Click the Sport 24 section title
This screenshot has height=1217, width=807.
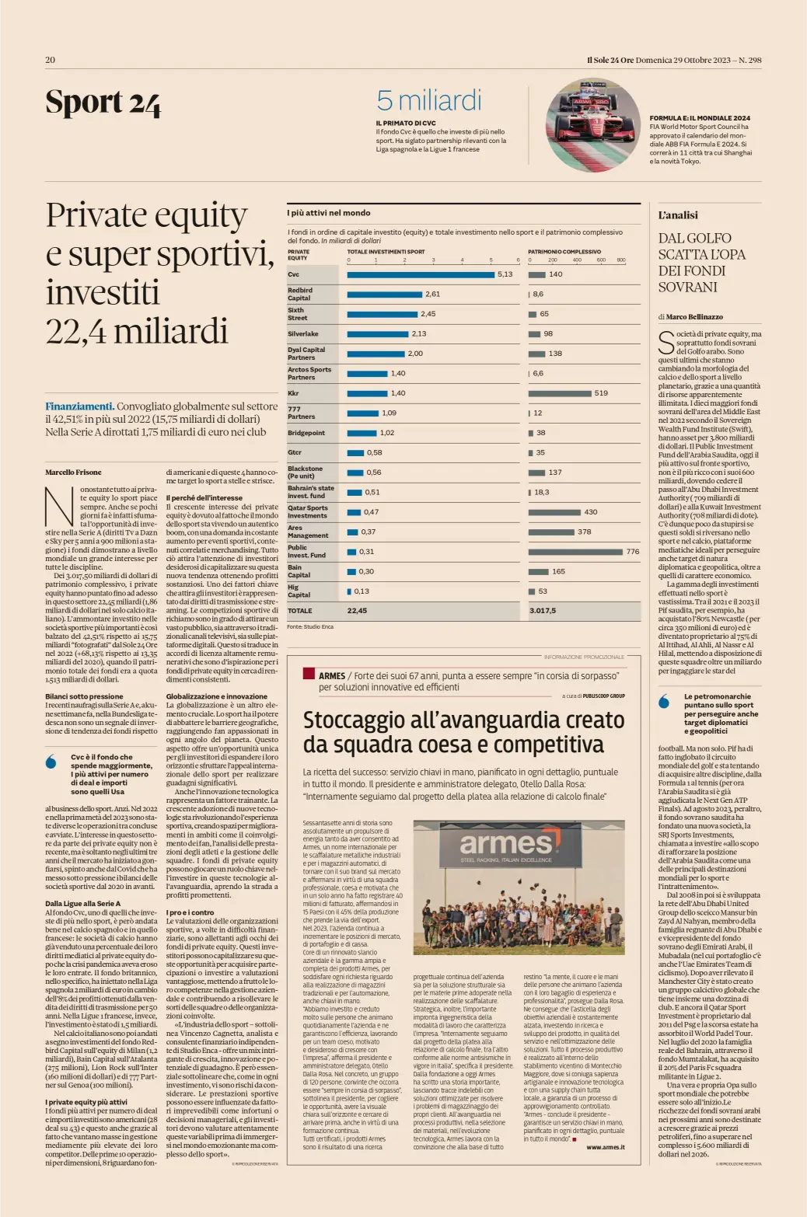(103, 103)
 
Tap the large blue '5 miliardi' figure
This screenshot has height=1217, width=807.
(428, 101)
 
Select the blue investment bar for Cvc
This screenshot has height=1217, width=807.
(420, 274)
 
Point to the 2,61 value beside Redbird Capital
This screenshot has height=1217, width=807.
(432, 295)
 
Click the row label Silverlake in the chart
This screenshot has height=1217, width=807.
(303, 333)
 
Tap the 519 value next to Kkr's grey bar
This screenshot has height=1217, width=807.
(601, 393)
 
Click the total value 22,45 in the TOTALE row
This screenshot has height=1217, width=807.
(357, 611)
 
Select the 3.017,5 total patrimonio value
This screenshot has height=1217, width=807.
(543, 611)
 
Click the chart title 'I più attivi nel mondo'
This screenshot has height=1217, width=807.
(329, 213)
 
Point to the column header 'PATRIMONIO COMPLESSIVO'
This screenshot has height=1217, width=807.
(564, 252)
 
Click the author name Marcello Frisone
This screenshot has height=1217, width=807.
(73, 473)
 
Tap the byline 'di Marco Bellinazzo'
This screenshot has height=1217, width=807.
(690, 317)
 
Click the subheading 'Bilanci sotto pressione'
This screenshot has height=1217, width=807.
(84, 696)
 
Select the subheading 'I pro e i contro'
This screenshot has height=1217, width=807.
(190, 912)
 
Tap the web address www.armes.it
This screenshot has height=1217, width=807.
(605, 1147)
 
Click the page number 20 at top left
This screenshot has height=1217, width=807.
(50, 60)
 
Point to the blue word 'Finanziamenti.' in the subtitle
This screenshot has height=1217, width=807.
(79, 406)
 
